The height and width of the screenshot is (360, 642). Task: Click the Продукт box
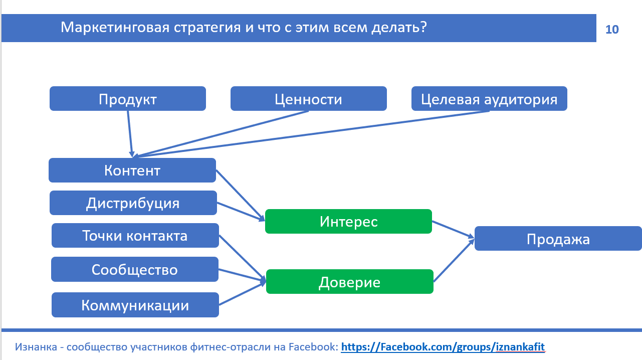tap(127, 99)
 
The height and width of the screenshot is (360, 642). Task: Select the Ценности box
tap(308, 99)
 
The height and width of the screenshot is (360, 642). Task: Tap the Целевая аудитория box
tap(489, 99)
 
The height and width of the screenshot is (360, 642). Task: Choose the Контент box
tap(132, 170)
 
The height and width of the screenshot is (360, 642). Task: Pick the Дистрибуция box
tap(133, 203)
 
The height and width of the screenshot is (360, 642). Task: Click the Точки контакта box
tap(135, 236)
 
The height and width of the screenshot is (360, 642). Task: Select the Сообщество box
tap(134, 270)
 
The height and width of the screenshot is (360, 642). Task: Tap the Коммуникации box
tap(135, 305)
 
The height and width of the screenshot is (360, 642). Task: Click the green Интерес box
tap(348, 221)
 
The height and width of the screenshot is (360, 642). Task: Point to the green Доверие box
tap(349, 282)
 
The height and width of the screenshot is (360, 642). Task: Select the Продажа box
tap(558, 239)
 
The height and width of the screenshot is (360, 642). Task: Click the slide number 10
tap(612, 29)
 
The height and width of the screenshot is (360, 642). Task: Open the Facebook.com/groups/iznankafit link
tap(443, 347)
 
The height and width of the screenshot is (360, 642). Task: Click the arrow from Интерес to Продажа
tap(453, 229)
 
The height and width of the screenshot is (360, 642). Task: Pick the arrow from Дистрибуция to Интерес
tap(241, 211)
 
